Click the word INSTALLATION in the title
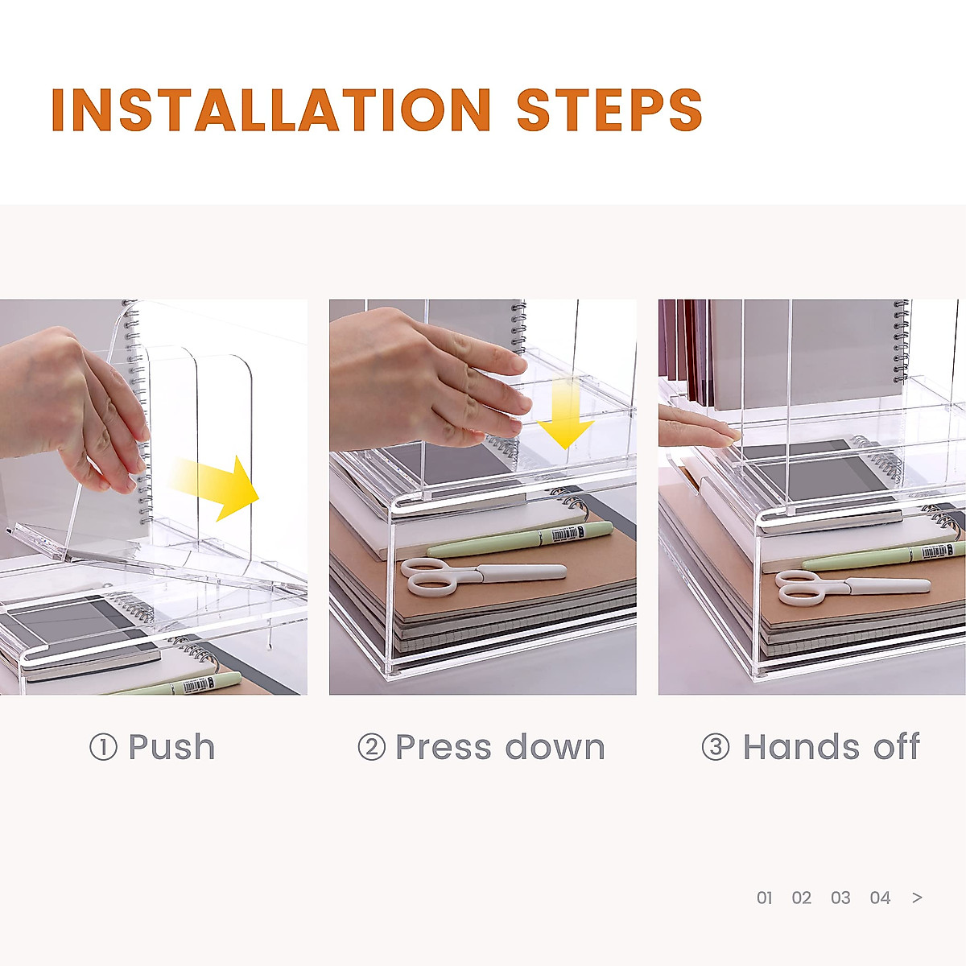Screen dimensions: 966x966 [270, 109]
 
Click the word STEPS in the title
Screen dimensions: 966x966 [609, 109]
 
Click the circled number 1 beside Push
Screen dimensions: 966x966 [103, 747]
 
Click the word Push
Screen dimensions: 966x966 [172, 747]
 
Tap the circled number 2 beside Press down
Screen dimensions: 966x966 [371, 747]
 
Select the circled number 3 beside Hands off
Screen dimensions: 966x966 [716, 747]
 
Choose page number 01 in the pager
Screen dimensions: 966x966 [765, 898]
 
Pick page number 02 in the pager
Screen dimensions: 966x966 [802, 898]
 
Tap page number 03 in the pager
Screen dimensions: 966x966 [840, 898]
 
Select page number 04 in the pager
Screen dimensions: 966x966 [881, 898]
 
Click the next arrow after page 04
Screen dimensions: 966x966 [918, 898]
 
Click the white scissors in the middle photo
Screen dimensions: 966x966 [483, 576]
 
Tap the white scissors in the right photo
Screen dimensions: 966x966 [852, 588]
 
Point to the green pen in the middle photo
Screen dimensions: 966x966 [520, 539]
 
